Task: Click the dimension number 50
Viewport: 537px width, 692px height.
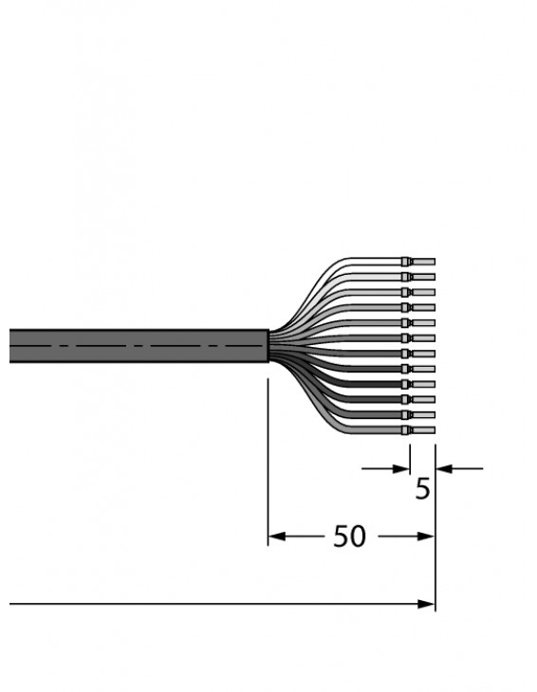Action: [349, 537]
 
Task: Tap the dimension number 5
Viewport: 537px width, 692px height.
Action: [422, 489]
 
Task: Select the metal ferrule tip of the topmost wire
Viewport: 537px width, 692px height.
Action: [423, 261]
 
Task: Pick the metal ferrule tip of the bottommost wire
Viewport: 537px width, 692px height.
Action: [423, 430]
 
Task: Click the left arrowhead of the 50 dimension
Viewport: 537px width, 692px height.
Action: [276, 537]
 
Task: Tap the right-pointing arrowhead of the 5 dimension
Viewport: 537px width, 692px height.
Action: [401, 467]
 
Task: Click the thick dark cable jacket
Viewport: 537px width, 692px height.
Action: [133, 346]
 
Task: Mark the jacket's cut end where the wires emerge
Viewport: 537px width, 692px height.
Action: [268, 346]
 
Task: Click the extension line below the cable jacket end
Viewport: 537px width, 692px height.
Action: [268, 455]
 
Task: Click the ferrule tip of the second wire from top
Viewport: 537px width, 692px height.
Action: [423, 276]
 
